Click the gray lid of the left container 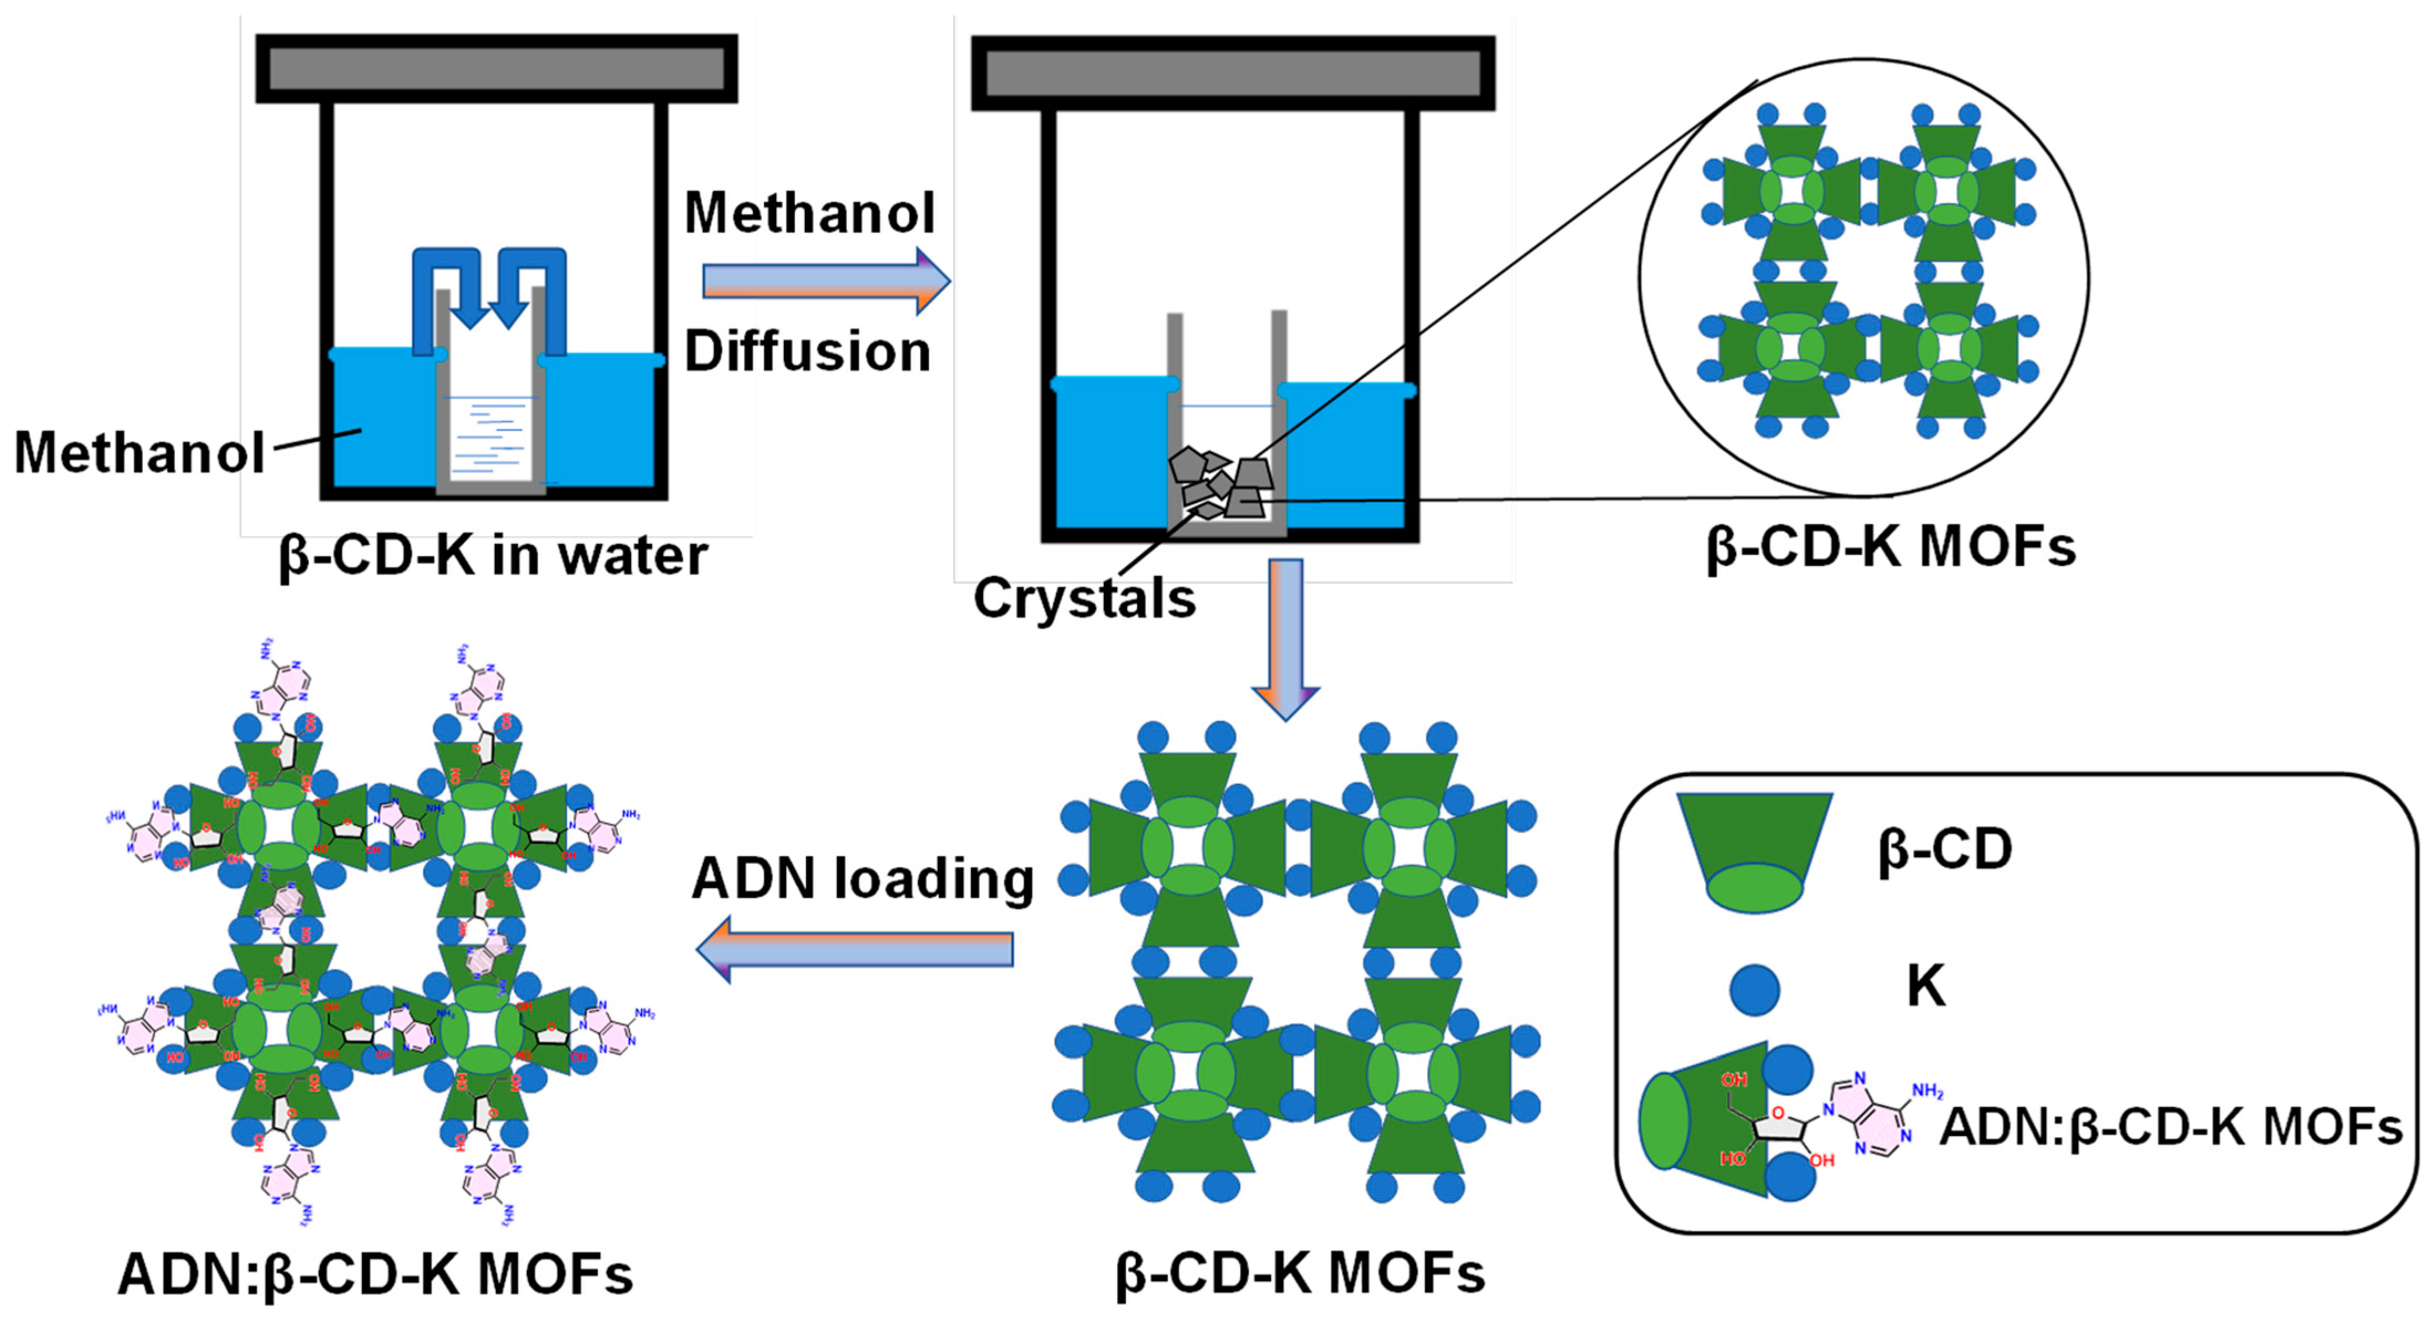tap(497, 69)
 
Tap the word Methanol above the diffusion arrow tap(809, 214)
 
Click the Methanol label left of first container tap(140, 452)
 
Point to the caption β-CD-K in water tap(493, 555)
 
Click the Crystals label tap(1084, 599)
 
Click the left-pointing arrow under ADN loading tap(855, 948)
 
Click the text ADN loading tap(862, 879)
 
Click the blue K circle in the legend tap(1754, 989)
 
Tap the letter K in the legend tap(1926, 987)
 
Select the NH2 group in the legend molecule tap(1927, 1092)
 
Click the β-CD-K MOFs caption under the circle tap(1891, 547)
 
